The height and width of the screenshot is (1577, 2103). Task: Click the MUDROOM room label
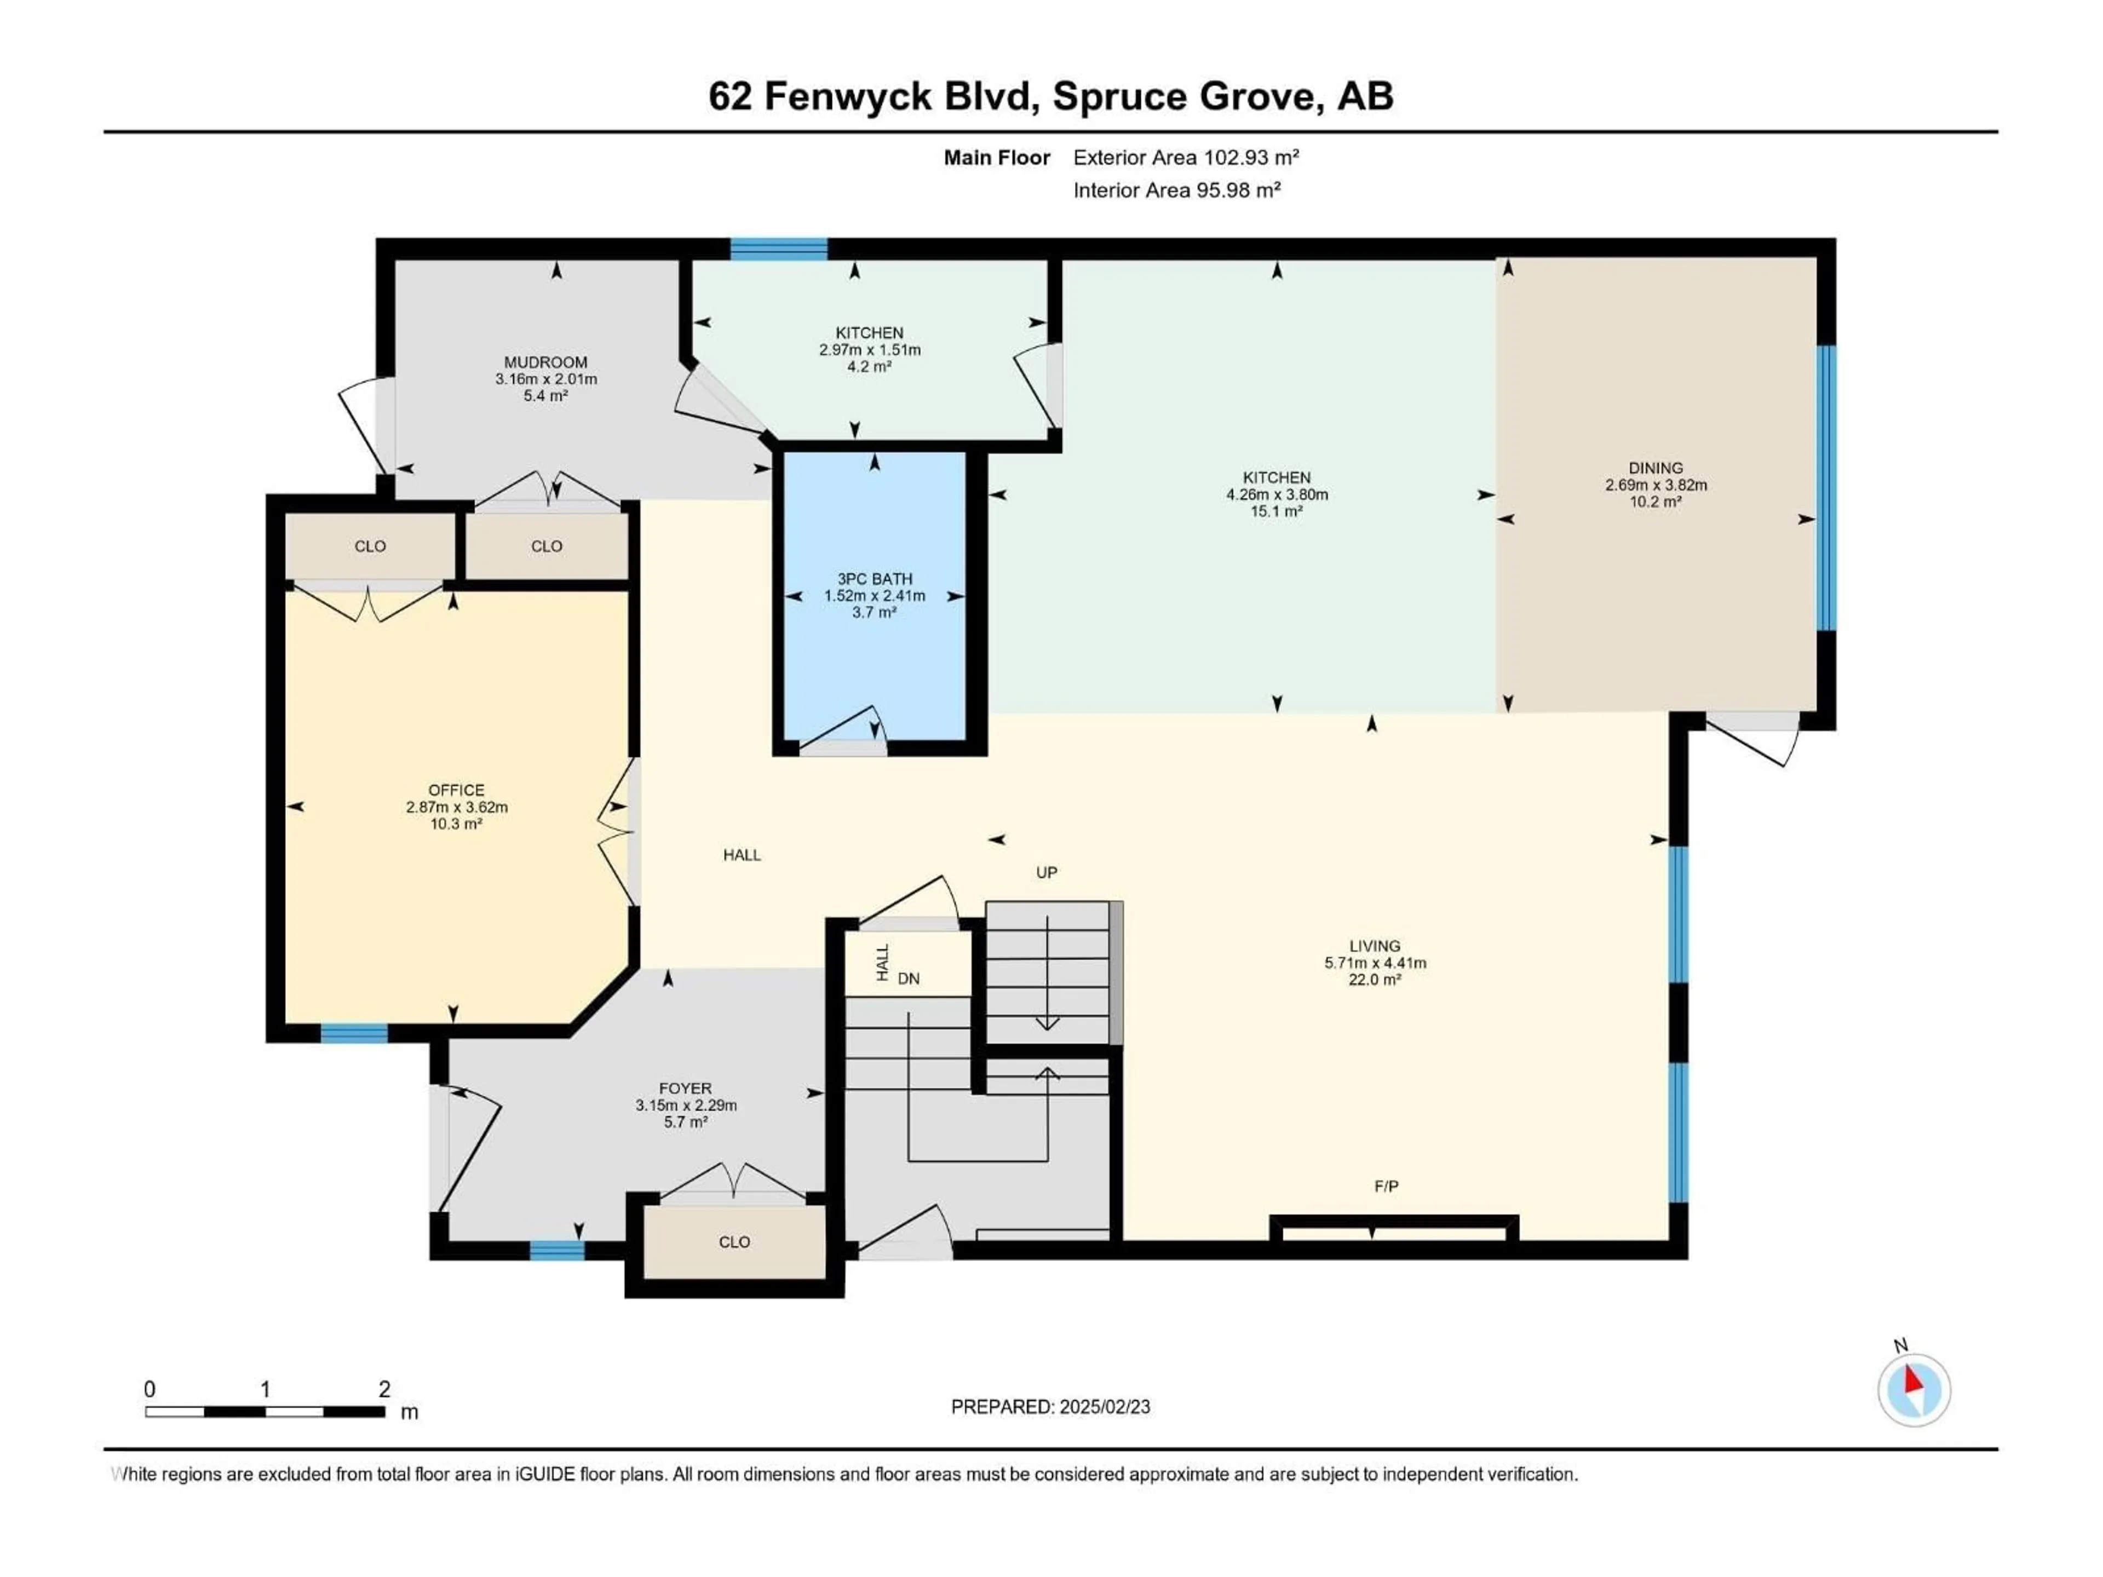coord(545,362)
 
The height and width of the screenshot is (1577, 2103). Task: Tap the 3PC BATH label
coord(874,579)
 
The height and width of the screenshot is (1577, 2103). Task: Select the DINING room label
coord(1655,468)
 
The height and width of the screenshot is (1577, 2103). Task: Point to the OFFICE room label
coord(456,790)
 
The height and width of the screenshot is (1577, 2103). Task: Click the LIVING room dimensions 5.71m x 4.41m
coord(1375,963)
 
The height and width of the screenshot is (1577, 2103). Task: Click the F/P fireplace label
coord(1386,1187)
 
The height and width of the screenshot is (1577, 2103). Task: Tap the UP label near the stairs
coord(1046,873)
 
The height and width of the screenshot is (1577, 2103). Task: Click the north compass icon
coord(1914,1390)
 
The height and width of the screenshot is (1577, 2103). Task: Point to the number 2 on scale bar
coord(384,1389)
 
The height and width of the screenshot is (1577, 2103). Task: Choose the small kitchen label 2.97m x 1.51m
coord(870,350)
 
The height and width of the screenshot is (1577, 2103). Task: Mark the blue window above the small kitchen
coord(779,249)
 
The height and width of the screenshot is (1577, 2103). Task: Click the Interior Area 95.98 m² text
coord(1176,190)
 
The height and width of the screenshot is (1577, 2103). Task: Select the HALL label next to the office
coord(742,855)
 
